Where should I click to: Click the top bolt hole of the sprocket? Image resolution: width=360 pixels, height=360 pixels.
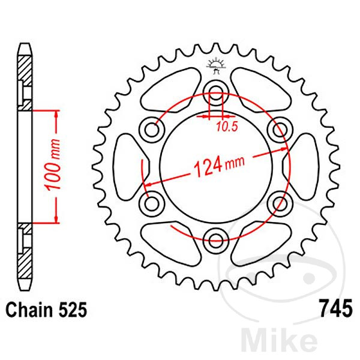(215, 92)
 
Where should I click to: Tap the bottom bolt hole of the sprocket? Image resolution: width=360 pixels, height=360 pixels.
(215, 241)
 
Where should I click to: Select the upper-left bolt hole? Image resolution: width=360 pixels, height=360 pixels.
(151, 129)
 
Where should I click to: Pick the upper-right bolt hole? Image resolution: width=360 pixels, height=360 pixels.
(279, 129)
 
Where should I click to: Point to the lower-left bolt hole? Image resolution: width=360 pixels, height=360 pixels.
(151, 204)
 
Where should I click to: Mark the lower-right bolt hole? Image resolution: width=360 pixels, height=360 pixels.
(279, 204)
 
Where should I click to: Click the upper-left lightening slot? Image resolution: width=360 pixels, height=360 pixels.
(170, 88)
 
